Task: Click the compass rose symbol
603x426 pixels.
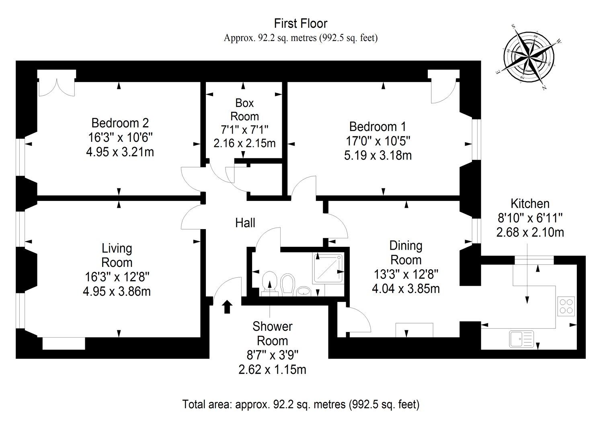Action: tap(529, 57)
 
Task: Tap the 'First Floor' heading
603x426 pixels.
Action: tap(301, 23)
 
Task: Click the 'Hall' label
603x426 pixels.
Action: tap(245, 223)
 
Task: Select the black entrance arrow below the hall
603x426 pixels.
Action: tap(227, 307)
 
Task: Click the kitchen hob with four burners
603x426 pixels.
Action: tap(566, 306)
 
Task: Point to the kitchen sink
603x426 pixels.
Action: tap(521, 339)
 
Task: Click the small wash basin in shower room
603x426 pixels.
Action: tap(304, 291)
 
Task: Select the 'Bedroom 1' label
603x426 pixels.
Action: tap(377, 127)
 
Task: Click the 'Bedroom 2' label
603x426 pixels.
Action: tap(120, 123)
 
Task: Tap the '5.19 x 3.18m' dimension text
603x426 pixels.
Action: tap(378, 156)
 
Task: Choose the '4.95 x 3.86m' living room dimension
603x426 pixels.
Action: tap(117, 291)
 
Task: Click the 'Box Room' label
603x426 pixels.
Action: tap(244, 110)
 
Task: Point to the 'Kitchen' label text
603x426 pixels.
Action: tap(530, 204)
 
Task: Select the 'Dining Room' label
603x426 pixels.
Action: tap(406, 253)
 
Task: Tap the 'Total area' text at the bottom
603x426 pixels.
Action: tap(301, 404)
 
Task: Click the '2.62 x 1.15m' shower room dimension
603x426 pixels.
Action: tap(273, 370)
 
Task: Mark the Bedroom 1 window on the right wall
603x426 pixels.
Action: tap(477, 139)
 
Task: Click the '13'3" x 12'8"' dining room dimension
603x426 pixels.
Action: tap(406, 275)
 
